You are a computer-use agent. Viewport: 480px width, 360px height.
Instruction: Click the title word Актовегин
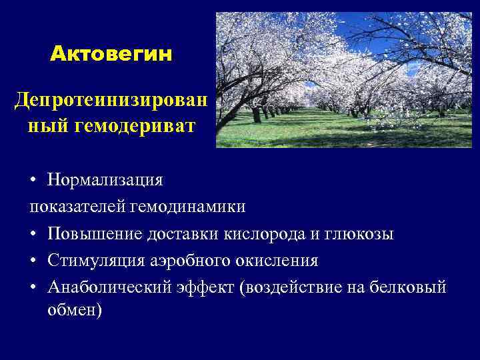[111, 53]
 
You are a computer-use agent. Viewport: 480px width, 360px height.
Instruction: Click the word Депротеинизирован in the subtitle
[111, 101]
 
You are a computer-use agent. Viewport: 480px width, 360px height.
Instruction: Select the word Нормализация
[105, 180]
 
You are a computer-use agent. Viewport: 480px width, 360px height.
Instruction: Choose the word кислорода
[253, 235]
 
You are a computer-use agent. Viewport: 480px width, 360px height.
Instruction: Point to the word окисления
[281, 261]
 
